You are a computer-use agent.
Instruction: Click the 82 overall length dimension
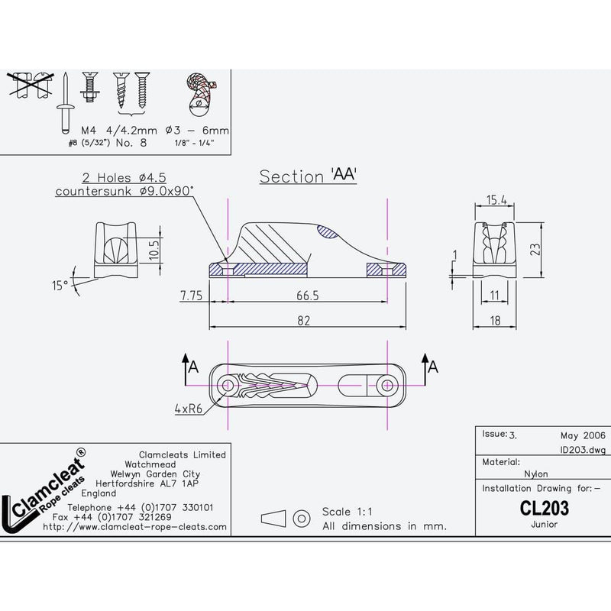[x=304, y=321]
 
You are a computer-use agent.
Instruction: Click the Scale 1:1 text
[x=347, y=511]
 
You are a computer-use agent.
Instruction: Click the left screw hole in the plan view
[x=228, y=385]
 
